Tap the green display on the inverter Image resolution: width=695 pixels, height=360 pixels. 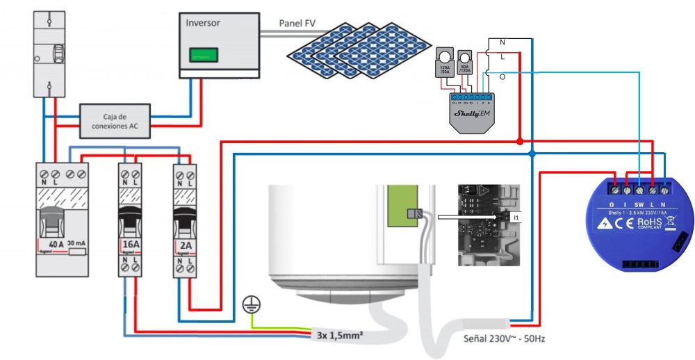coord(204,54)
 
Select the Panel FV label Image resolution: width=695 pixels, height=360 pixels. coord(298,23)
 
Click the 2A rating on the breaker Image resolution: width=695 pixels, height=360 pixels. coord(184,245)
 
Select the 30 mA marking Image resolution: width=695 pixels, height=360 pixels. coord(72,245)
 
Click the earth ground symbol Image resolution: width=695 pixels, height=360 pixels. coord(249,303)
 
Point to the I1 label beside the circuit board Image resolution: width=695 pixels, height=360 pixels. coord(516,218)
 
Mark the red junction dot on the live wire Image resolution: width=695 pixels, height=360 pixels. coord(519,141)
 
